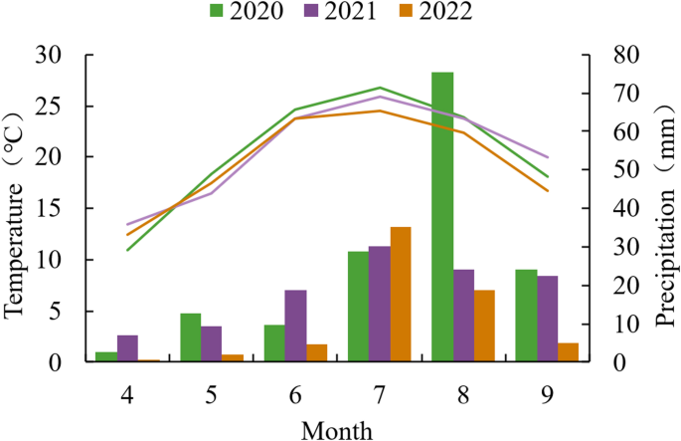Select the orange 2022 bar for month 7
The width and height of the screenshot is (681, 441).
[401, 295]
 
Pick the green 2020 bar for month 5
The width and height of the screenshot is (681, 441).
[191, 337]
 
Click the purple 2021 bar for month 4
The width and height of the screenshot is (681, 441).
[127, 348]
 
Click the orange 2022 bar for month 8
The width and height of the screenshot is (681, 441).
[484, 326]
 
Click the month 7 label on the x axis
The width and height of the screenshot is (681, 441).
[380, 394]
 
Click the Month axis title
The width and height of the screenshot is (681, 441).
[338, 428]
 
